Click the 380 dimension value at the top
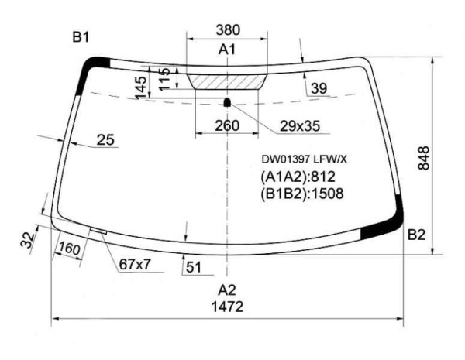tap(228, 30)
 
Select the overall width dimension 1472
tap(227, 307)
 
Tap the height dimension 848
tap(423, 158)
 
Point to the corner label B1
tap(81, 37)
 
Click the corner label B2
tap(416, 235)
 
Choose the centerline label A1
tap(227, 50)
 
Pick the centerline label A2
tap(227, 290)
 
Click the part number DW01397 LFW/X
tap(304, 160)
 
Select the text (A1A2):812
tap(298, 177)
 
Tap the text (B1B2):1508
tap(302, 194)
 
